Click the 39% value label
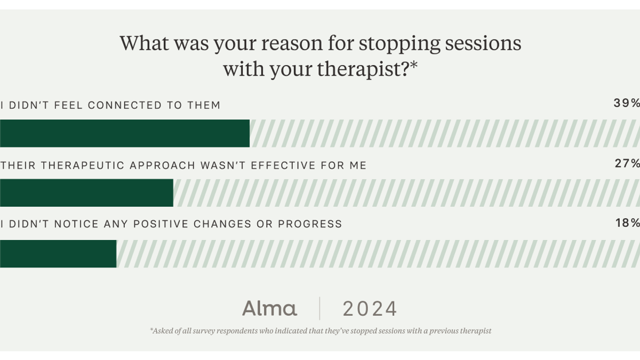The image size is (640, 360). tap(626, 103)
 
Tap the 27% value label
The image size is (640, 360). tap(627, 164)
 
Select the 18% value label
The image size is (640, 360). tap(627, 223)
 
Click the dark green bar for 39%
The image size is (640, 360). tap(125, 133)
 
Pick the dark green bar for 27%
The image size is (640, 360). tap(86, 193)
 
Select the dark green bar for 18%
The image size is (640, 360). tap(58, 254)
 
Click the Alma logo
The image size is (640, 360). tap(269, 308)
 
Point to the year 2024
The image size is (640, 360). tap(370, 309)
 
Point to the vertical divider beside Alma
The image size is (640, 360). tap(319, 308)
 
